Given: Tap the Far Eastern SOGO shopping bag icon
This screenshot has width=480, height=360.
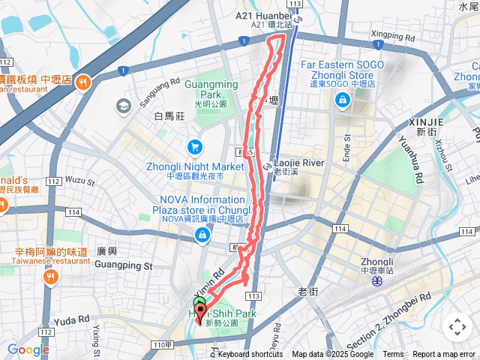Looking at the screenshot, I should tap(343, 102).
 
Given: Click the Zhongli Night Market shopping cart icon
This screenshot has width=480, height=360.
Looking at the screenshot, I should tap(194, 146).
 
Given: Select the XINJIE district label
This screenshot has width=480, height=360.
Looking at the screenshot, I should tap(427, 121).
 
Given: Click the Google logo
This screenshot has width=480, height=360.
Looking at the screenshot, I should tap(28, 349).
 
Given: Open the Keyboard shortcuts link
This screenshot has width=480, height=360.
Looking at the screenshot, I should tap(250, 355).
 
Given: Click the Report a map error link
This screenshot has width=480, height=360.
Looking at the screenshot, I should tap(444, 355).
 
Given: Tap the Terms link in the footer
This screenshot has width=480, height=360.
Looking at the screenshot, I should tap(393, 355).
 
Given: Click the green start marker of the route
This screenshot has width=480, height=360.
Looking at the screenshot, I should tap(199, 303).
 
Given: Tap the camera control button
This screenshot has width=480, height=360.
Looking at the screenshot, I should tap(457, 327).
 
